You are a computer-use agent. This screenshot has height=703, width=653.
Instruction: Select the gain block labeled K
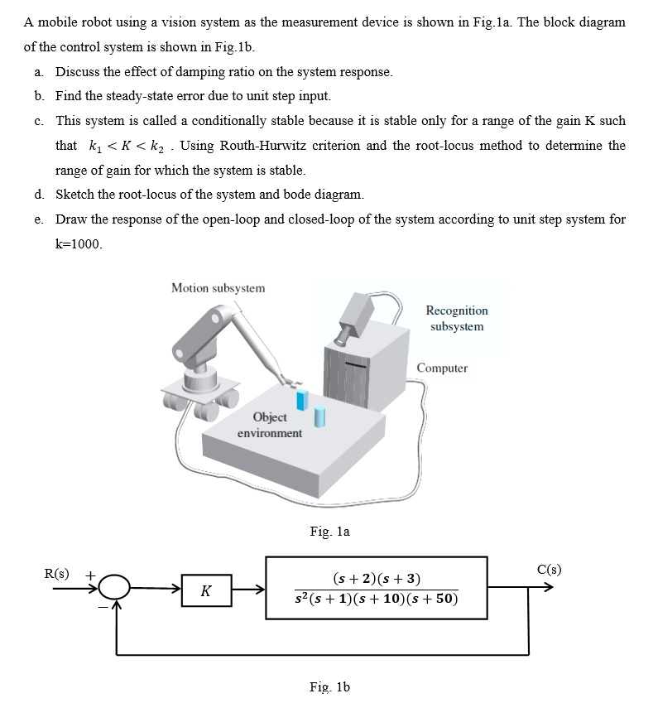pyautogui.click(x=205, y=590)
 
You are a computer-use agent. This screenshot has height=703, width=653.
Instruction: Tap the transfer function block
pyautogui.click(x=377, y=587)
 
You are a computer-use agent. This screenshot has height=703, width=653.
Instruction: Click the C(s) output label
pyautogui.click(x=549, y=569)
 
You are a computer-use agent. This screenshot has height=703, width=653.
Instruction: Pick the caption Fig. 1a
pyautogui.click(x=329, y=532)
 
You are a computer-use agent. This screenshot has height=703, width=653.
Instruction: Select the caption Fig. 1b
pyautogui.click(x=329, y=686)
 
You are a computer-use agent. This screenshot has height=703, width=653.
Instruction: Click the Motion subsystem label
pyautogui.click(x=218, y=288)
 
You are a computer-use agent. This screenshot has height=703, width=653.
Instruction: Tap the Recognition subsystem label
pyautogui.click(x=457, y=318)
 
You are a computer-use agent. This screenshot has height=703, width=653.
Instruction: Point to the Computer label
pyautogui.click(x=442, y=368)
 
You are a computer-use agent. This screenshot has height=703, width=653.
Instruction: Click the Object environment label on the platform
pyautogui.click(x=270, y=425)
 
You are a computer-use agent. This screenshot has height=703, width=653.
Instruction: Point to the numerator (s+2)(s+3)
pyautogui.click(x=377, y=576)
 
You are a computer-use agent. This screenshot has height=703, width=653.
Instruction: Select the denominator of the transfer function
pyautogui.click(x=377, y=599)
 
